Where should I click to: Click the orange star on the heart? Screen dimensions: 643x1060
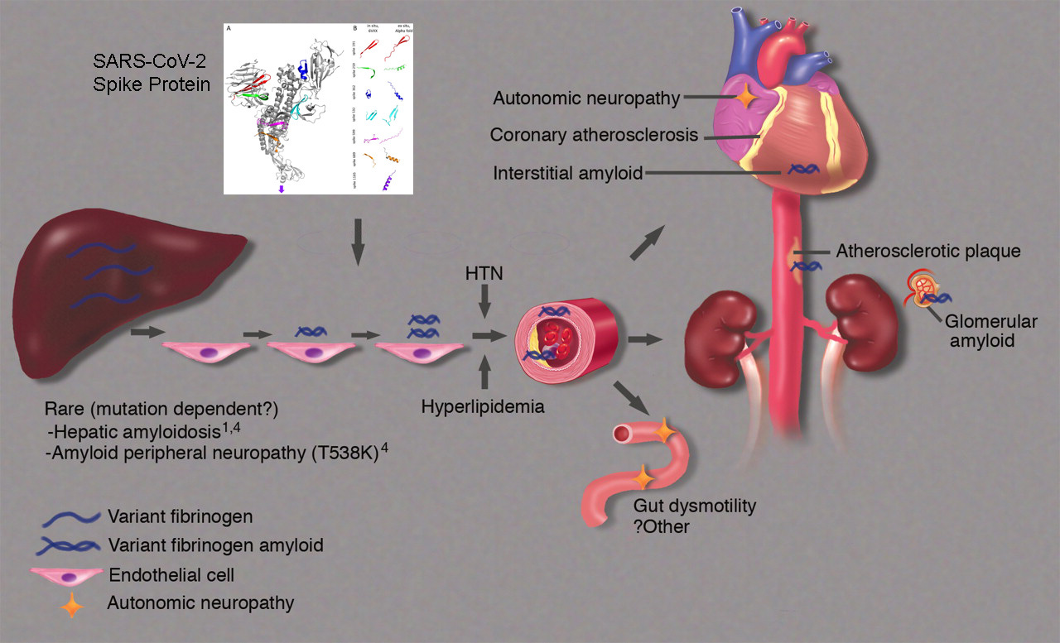[x=745, y=98]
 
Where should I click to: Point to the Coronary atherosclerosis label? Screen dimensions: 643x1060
[x=594, y=134]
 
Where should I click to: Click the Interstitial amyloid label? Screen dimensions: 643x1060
[x=567, y=174]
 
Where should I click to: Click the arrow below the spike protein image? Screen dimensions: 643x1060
[x=358, y=241]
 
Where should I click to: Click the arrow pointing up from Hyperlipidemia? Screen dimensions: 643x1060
[x=485, y=375]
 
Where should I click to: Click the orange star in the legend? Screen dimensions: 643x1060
[x=73, y=606]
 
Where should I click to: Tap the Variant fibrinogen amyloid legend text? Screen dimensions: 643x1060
[x=215, y=545]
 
